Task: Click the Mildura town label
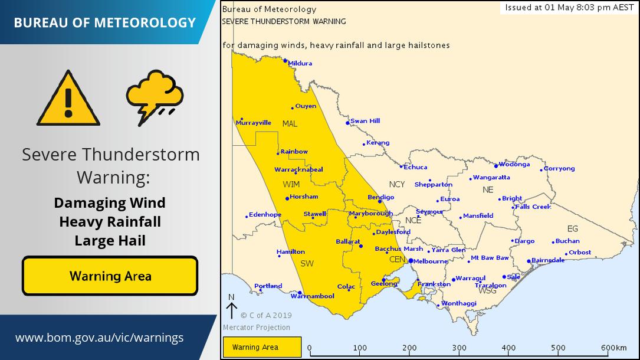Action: pyautogui.click(x=300, y=63)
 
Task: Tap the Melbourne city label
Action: pyautogui.click(x=431, y=261)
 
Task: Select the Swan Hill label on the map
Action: pyautogui.click(x=365, y=121)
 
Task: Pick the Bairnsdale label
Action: pyautogui.click(x=549, y=260)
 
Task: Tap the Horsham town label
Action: pyautogui.click(x=304, y=197)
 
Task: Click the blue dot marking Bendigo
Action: pyautogui.click(x=380, y=202)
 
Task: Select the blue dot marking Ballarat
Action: pyautogui.click(x=361, y=246)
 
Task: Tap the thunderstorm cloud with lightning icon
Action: pyautogui.click(x=155, y=97)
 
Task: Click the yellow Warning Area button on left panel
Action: pyautogui.click(x=110, y=276)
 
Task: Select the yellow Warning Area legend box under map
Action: pyautogui.click(x=262, y=347)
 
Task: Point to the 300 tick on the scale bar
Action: pyautogui.click(x=460, y=348)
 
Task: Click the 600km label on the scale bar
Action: pyautogui.click(x=613, y=348)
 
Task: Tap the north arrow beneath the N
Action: pyautogui.click(x=231, y=310)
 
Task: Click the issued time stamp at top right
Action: pyautogui.click(x=569, y=8)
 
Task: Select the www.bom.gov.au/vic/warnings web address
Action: pyautogui.click(x=99, y=338)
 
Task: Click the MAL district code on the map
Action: pyautogui.click(x=290, y=123)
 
